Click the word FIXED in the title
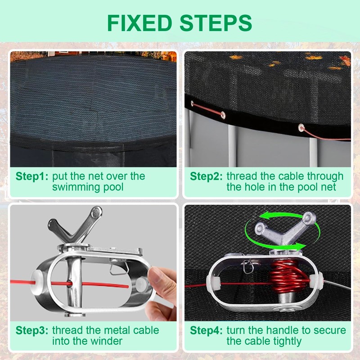[x=139, y=23]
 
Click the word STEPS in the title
[x=216, y=23]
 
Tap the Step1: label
[x=32, y=176]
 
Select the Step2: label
[x=206, y=176]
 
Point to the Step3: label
[x=32, y=330]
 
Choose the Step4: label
[x=206, y=330]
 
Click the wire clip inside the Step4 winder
[x=247, y=267]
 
